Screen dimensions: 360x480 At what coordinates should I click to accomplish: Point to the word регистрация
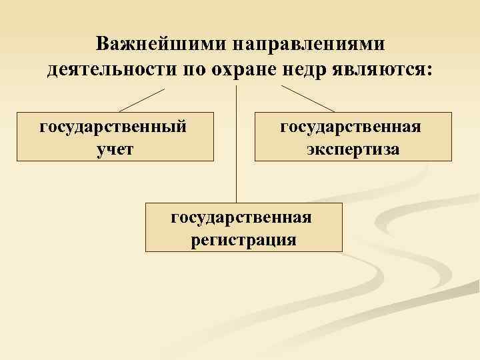243,239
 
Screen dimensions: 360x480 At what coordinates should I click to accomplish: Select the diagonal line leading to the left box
141,99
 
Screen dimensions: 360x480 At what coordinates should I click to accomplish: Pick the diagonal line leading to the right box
307,99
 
